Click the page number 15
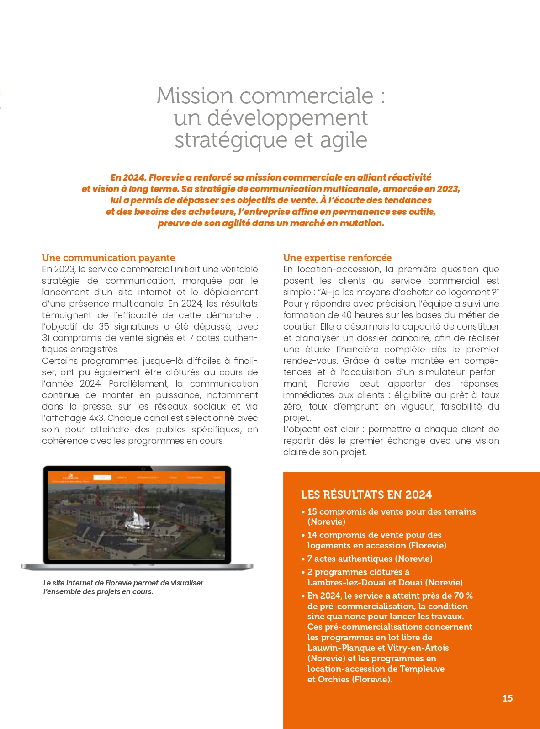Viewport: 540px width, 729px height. click(507, 698)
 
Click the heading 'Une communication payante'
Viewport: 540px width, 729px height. click(108, 258)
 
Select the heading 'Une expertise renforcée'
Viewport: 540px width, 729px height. click(337, 258)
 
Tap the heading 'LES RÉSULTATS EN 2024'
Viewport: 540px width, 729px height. click(366, 495)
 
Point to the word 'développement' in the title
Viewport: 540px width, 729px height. click(287, 118)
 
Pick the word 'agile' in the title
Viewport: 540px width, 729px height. click(344, 140)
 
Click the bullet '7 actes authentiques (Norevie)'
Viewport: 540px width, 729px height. click(370, 559)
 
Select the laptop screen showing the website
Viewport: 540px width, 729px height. click(137, 516)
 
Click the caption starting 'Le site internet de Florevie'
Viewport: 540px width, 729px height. click(123, 587)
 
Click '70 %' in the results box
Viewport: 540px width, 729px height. click(463, 596)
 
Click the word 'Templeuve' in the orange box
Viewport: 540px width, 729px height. click(422, 669)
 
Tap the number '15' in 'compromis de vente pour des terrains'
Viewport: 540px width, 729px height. click(312, 511)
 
